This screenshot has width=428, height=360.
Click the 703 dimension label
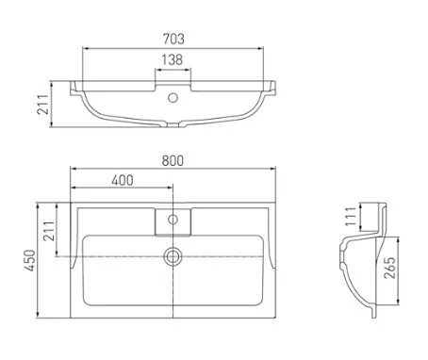pyautogui.click(x=173, y=39)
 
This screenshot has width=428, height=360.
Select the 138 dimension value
pyautogui.click(x=173, y=59)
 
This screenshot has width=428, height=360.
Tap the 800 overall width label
pyautogui.click(x=173, y=160)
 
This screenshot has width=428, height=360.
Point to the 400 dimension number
pyautogui.click(x=123, y=180)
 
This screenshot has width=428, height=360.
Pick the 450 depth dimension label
pyautogui.click(x=30, y=260)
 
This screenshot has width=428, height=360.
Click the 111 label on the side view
pyautogui.click(x=351, y=217)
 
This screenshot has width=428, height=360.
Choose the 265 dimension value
pyautogui.click(x=389, y=268)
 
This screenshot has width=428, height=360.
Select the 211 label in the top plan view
pyautogui.click(x=49, y=231)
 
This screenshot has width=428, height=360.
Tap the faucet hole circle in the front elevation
pyautogui.click(x=173, y=98)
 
